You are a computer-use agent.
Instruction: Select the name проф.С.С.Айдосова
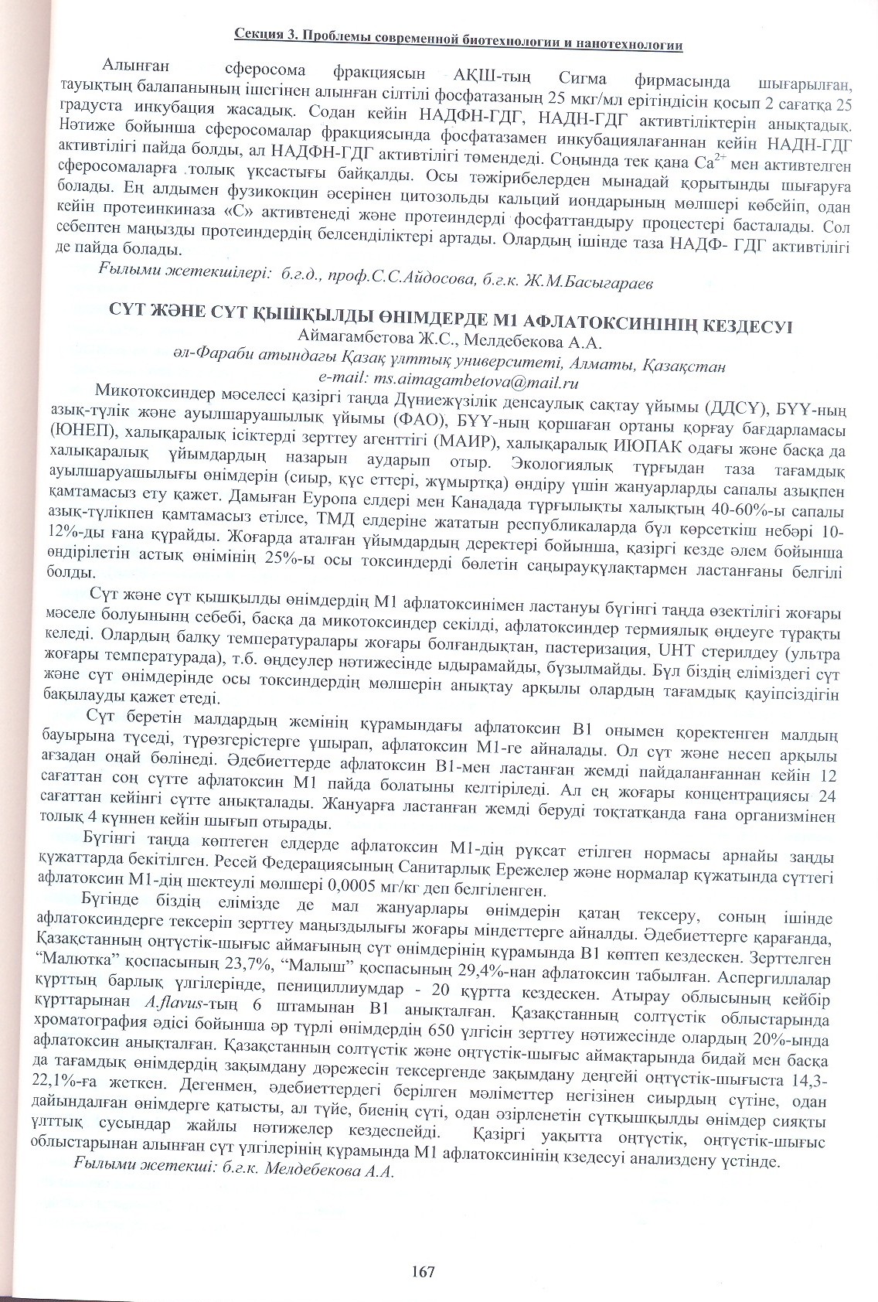(x=382, y=281)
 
